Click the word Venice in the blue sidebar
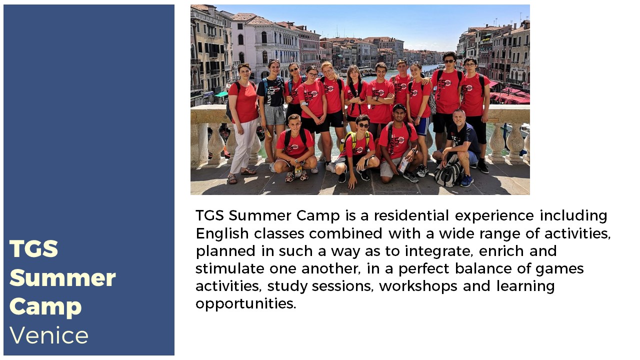point(49,335)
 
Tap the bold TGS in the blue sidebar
point(33,248)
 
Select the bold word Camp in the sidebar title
point(45,307)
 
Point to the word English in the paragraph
point(222,234)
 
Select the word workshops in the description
point(418,286)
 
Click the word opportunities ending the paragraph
point(245,303)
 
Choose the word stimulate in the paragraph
point(230,268)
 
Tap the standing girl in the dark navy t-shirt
point(272,111)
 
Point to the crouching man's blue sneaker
point(466,181)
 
